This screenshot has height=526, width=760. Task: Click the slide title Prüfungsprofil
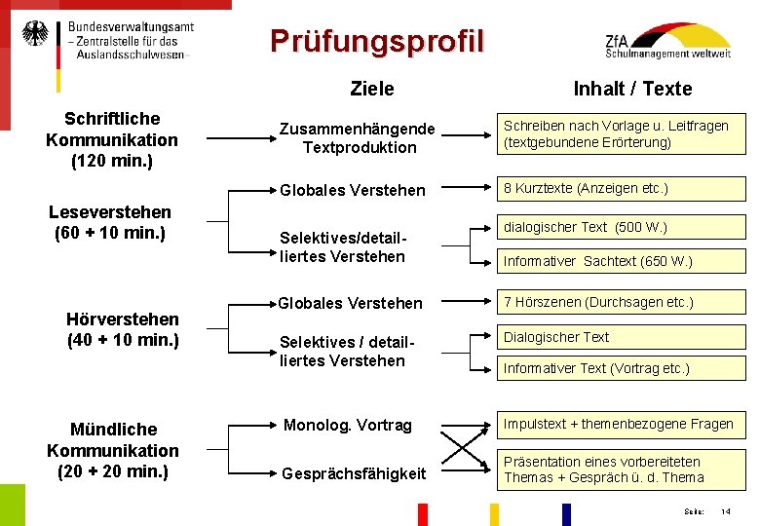pyautogui.click(x=376, y=41)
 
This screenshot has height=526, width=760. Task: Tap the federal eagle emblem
pyautogui.click(x=35, y=34)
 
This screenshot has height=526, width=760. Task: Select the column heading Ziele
pyautogui.click(x=372, y=89)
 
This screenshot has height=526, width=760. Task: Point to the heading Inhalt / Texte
pyautogui.click(x=632, y=89)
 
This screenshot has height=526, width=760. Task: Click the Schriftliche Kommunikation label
pyautogui.click(x=112, y=139)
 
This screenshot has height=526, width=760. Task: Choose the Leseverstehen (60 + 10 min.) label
pyautogui.click(x=110, y=222)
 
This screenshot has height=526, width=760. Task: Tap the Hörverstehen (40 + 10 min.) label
pyautogui.click(x=123, y=329)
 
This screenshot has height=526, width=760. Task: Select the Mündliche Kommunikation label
pyautogui.click(x=113, y=450)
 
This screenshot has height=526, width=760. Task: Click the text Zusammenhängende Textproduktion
pyautogui.click(x=358, y=138)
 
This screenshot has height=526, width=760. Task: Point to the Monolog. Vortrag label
pyautogui.click(x=348, y=425)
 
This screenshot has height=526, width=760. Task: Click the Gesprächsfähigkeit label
pyautogui.click(x=354, y=473)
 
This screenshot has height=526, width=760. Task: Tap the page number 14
pyautogui.click(x=725, y=511)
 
